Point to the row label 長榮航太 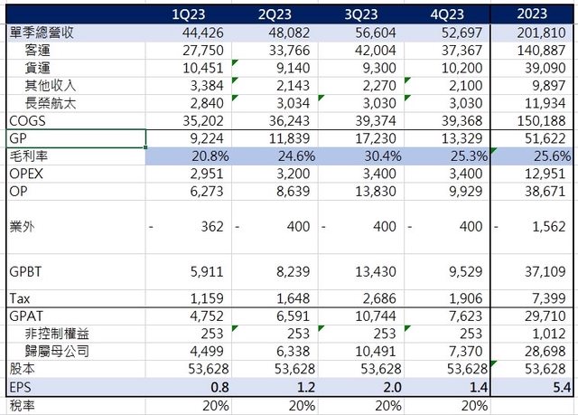click(54, 102)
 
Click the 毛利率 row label click(27, 156)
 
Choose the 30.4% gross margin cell click(379, 156)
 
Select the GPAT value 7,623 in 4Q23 click(464, 316)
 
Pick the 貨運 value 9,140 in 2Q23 click(293, 68)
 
